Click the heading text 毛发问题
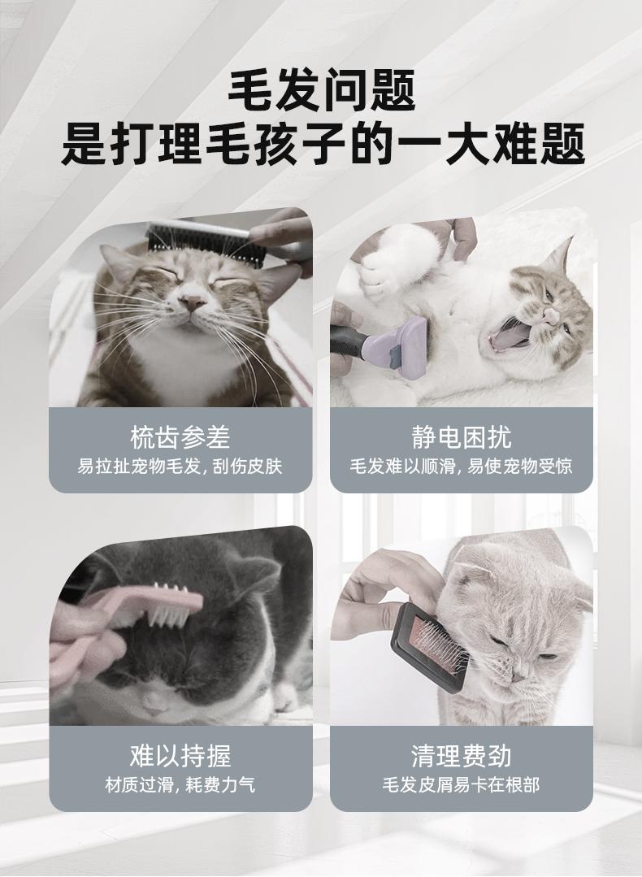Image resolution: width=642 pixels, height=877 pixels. [x=322, y=89]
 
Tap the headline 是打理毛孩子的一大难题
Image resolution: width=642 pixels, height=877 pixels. [x=323, y=145]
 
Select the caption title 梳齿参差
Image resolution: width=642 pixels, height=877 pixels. [x=180, y=436]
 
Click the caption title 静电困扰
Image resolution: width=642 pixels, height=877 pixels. [x=462, y=436]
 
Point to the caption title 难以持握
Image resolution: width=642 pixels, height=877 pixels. [x=180, y=756]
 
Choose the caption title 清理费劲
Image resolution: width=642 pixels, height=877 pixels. [x=462, y=756]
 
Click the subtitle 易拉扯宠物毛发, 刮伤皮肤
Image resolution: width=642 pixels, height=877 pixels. [x=180, y=467]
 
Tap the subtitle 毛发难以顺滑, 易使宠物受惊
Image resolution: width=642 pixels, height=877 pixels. [x=462, y=467]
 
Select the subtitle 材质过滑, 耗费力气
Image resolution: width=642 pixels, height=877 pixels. [x=180, y=784]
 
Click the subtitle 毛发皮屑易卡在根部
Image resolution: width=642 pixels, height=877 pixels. [x=462, y=784]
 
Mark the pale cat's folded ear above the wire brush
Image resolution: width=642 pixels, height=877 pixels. [x=467, y=571]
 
